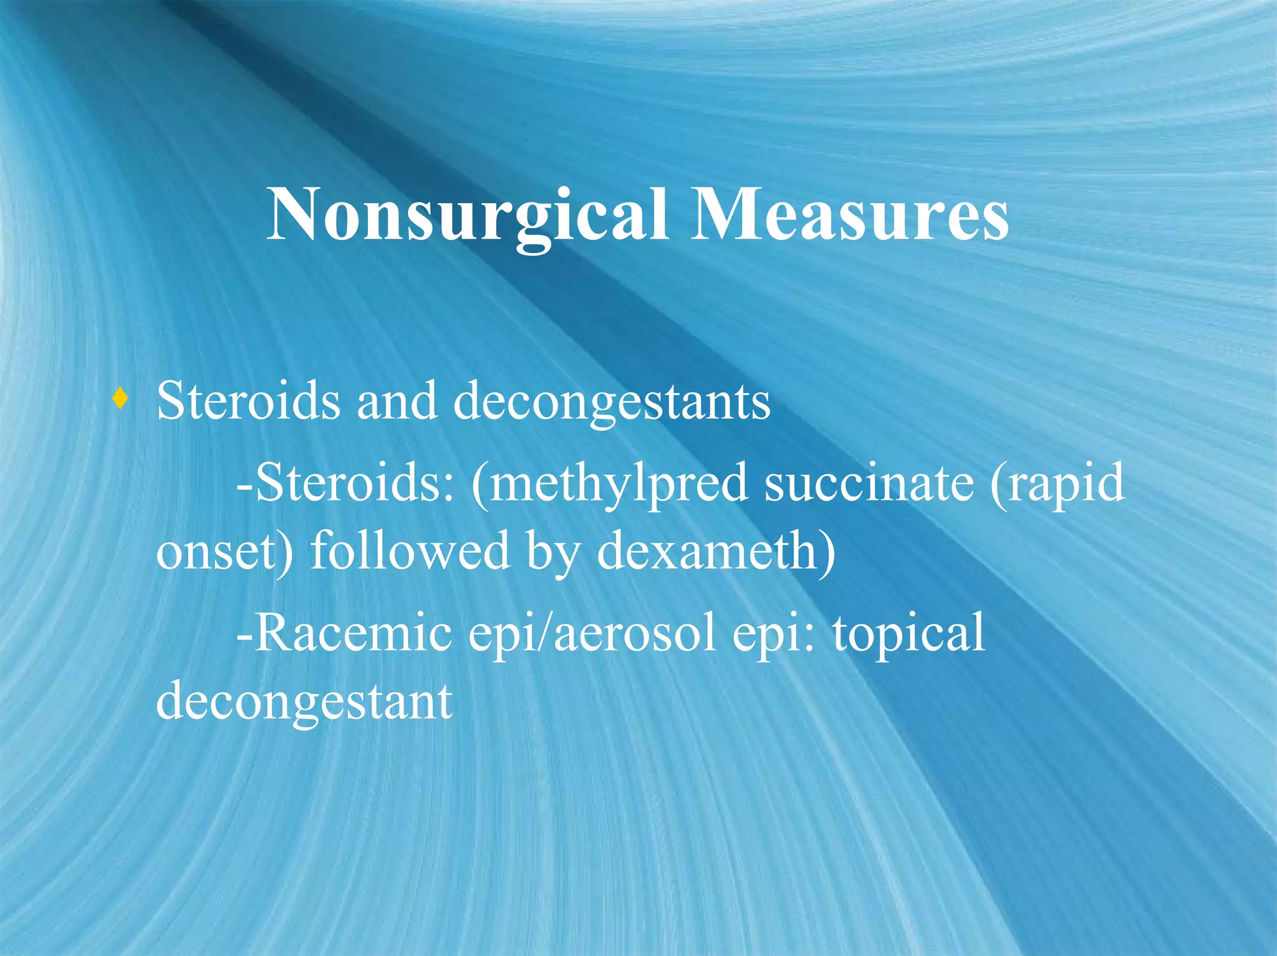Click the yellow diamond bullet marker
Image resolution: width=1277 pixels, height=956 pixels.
pyautogui.click(x=120, y=399)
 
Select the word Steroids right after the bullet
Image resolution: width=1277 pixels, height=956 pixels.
pyautogui.click(x=248, y=401)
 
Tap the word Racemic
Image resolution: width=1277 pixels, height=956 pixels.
pyautogui.click(x=352, y=633)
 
